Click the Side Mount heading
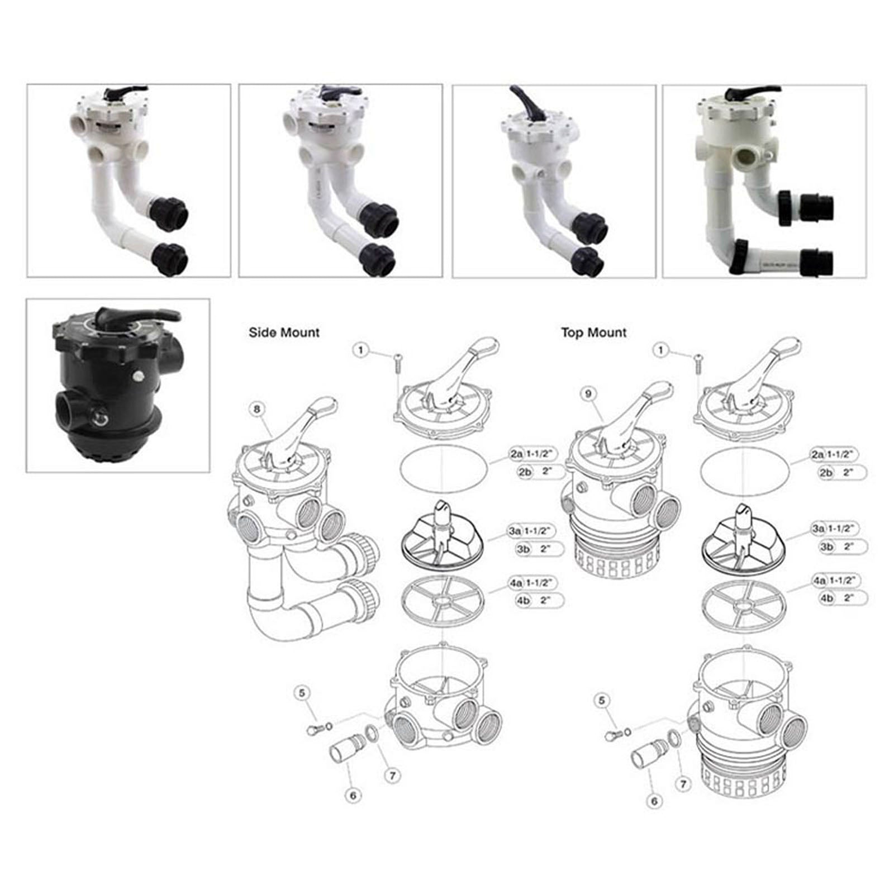(x=284, y=333)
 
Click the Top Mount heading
(x=593, y=333)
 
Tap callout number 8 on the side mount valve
(x=256, y=410)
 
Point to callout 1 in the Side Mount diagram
(x=361, y=350)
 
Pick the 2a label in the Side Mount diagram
(x=515, y=455)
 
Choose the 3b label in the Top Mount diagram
(x=826, y=546)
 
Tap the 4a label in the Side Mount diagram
(x=515, y=583)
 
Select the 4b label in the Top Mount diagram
(x=826, y=598)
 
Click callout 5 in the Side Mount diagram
(x=302, y=693)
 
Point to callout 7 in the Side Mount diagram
(x=393, y=776)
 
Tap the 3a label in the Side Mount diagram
(x=515, y=531)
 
